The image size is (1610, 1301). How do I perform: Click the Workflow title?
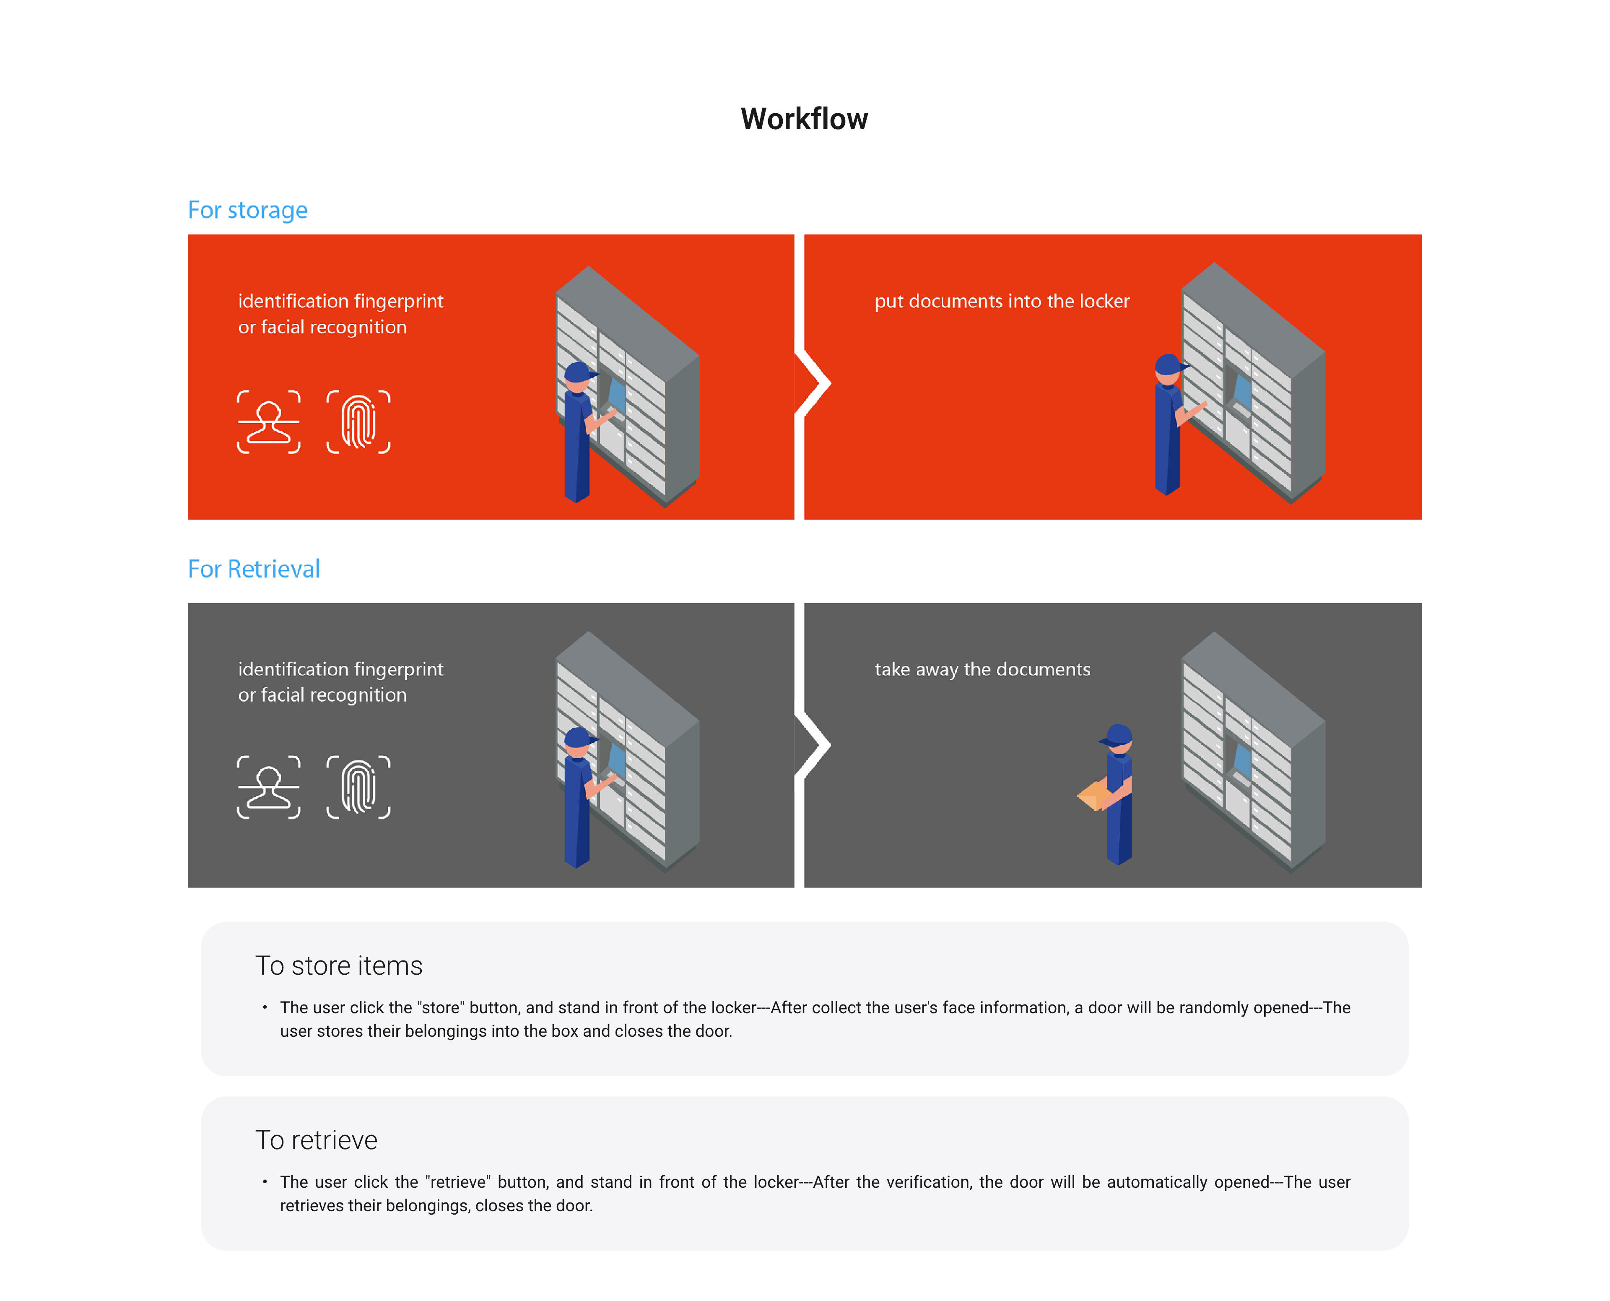point(804,119)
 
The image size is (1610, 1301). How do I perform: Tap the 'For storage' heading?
point(247,211)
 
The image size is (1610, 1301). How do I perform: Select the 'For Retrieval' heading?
point(253,570)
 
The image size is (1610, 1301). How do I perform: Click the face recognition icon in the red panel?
point(269,422)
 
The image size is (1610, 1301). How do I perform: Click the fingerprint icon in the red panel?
point(358,422)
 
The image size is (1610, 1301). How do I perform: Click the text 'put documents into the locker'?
point(1002,301)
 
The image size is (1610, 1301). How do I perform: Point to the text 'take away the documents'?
point(982,669)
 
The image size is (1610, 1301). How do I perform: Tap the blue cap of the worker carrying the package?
point(1118,734)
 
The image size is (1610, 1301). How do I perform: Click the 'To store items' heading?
point(339,966)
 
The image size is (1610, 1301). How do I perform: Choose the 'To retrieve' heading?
point(316,1141)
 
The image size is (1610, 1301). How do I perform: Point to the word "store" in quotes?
point(441,1008)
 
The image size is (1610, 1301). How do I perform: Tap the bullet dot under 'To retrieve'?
point(265,1182)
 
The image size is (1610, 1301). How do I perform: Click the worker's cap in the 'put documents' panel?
point(1169,364)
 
